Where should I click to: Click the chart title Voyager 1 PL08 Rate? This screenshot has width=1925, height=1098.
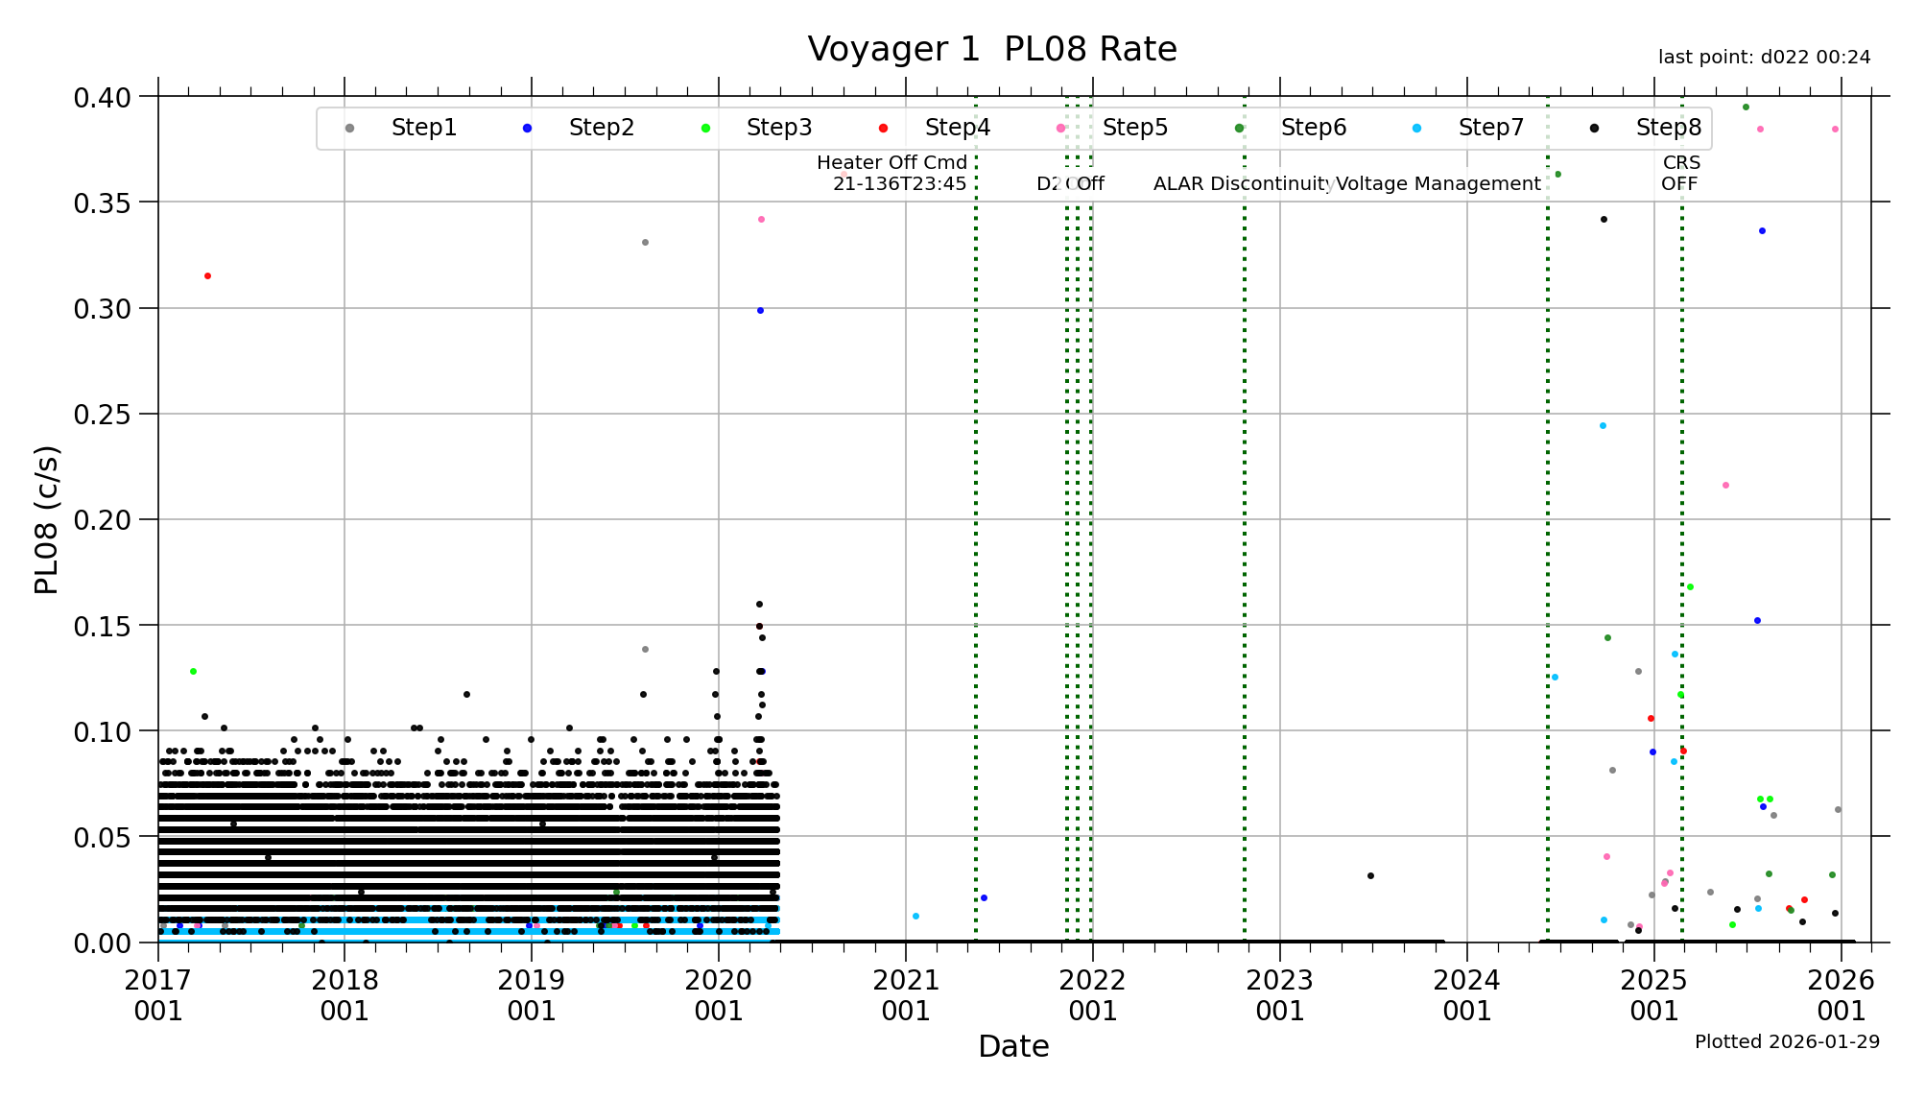click(991, 49)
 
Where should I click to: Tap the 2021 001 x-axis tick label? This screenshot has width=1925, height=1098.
click(905, 995)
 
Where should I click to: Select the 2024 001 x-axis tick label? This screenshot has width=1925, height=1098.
click(1466, 995)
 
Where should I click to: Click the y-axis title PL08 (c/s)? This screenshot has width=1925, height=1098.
click(47, 519)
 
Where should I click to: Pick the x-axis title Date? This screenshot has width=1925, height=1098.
click(1013, 1046)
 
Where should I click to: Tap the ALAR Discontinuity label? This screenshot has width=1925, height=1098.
click(1242, 184)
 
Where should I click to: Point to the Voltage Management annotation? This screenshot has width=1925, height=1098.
click(1438, 184)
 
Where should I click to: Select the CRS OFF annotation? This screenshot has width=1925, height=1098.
click(1680, 174)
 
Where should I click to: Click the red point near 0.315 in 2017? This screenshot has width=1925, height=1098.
click(207, 276)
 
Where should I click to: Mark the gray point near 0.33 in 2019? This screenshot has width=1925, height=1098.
click(645, 243)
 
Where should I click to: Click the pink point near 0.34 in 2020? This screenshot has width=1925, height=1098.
click(761, 220)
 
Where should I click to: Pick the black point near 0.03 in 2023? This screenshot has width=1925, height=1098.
click(1370, 875)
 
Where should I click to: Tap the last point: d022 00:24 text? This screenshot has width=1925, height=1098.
click(1764, 58)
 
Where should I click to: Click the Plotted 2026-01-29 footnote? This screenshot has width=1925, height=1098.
click(1787, 1042)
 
